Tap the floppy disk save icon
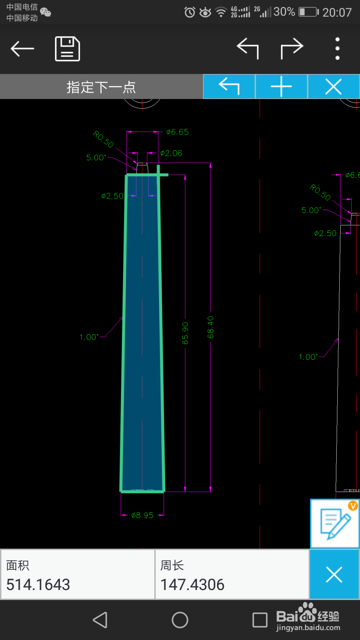pyautogui.click(x=67, y=49)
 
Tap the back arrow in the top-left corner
pyautogui.click(x=22, y=49)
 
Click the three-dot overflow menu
pyautogui.click(x=337, y=49)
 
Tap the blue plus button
pyautogui.click(x=281, y=86)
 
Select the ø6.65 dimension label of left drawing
pyautogui.click(x=177, y=132)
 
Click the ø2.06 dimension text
pyautogui.click(x=171, y=153)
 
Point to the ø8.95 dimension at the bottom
pyautogui.click(x=143, y=515)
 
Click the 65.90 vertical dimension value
pyautogui.click(x=185, y=333)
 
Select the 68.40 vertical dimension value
pyautogui.click(x=211, y=327)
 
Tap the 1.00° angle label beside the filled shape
pyautogui.click(x=89, y=337)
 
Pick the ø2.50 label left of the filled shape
pyautogui.click(x=112, y=196)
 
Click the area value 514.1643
pyautogui.click(x=38, y=585)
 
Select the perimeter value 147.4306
pyautogui.click(x=192, y=585)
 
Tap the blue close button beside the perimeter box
pyautogui.click(x=334, y=574)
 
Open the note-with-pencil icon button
pyautogui.click(x=334, y=523)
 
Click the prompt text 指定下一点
pyautogui.click(x=101, y=87)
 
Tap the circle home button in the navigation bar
pyautogui.click(x=180, y=620)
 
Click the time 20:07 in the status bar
pyautogui.click(x=337, y=13)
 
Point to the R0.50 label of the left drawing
pyautogui.click(x=103, y=139)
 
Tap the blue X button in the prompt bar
pyautogui.click(x=333, y=86)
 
